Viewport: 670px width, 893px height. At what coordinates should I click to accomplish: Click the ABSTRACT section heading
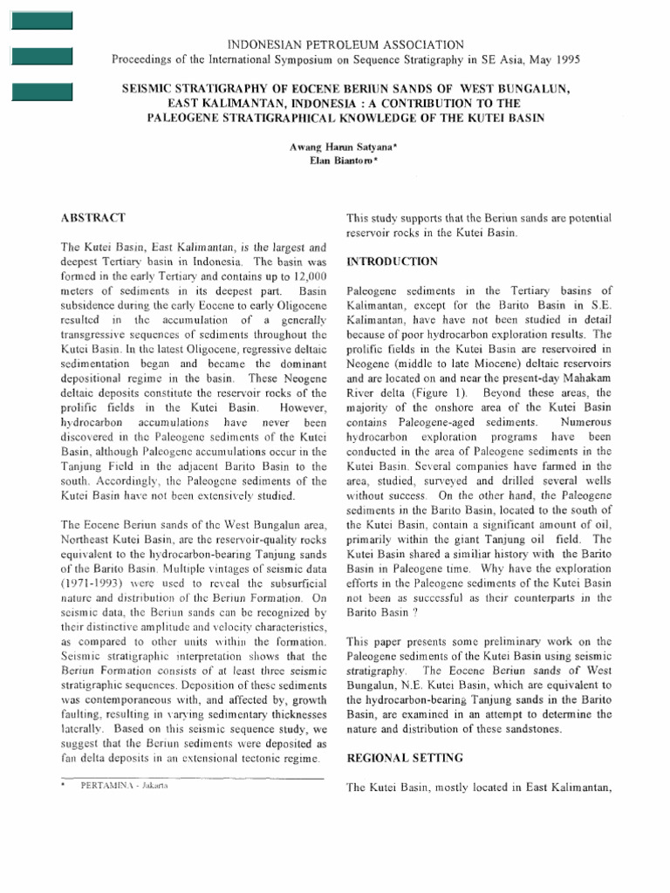(x=92, y=217)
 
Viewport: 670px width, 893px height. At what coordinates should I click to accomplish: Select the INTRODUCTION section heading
(x=392, y=262)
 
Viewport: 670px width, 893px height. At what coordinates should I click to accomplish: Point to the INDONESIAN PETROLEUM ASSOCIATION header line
(x=345, y=44)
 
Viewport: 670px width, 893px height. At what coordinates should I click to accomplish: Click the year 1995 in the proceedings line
(x=564, y=59)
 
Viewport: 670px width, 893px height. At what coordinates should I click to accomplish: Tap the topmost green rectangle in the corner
(x=41, y=23)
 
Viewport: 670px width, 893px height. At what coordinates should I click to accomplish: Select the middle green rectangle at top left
(x=41, y=58)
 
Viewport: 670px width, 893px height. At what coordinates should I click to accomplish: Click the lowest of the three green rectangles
(x=41, y=92)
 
